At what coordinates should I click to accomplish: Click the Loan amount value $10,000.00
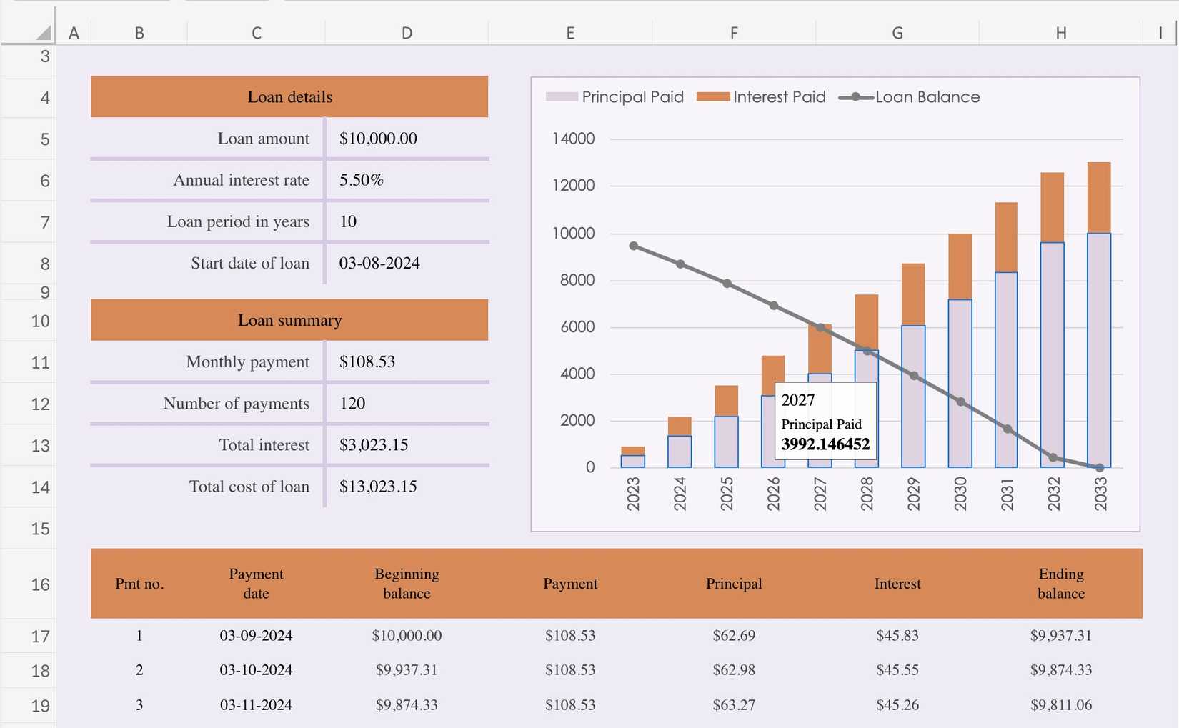click(378, 139)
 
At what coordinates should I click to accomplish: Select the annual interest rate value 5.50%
click(361, 180)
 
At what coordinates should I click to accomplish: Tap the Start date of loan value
click(379, 264)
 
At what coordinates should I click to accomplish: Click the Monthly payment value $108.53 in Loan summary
click(367, 362)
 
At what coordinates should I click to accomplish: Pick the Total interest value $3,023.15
click(373, 445)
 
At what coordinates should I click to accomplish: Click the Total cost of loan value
click(377, 487)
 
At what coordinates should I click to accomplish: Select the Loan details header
click(289, 97)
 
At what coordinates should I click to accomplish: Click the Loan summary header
click(289, 321)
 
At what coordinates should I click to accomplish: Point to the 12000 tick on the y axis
click(573, 186)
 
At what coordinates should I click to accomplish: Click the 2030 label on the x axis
click(960, 494)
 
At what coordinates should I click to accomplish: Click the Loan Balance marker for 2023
click(634, 246)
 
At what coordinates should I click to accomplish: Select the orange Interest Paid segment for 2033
click(1099, 198)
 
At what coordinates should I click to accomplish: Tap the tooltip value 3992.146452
click(825, 444)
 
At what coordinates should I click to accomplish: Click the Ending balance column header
click(1060, 584)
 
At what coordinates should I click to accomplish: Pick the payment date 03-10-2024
click(256, 670)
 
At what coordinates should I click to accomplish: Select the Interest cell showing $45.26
click(897, 705)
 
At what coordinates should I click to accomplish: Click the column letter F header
click(734, 33)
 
